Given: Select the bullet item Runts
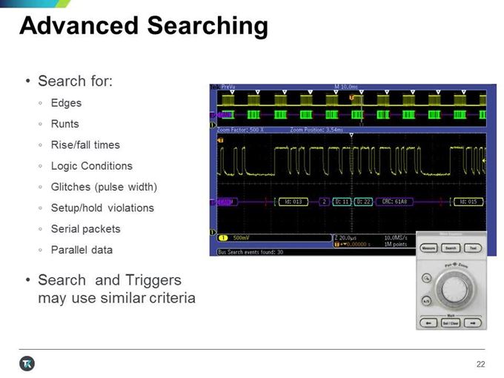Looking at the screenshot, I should click(64, 124).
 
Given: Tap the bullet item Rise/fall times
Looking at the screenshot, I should click(84, 145).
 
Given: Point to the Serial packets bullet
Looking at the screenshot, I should click(84, 229).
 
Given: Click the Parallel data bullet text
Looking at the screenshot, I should click(82, 250).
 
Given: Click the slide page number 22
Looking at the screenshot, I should click(480, 363).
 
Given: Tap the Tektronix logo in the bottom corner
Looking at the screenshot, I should click(27, 363).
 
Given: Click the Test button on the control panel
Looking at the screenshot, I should click(472, 248).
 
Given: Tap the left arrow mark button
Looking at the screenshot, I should click(426, 322).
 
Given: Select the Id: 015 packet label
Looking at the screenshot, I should click(468, 201).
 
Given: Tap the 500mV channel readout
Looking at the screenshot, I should click(241, 239).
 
